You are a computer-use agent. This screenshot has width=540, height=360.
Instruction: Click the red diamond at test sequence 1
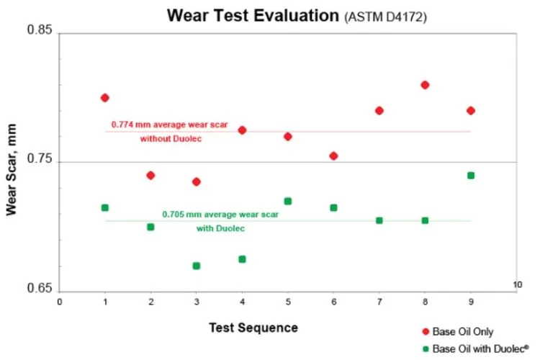(105, 98)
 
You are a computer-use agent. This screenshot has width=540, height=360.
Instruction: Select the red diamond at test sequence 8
(425, 85)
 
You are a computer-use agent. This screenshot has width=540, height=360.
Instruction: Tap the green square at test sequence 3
(197, 266)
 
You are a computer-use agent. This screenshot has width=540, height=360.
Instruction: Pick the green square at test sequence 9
(471, 175)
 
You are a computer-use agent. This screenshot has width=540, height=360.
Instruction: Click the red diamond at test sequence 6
(333, 156)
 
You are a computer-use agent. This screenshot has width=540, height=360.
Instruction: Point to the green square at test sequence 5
(288, 201)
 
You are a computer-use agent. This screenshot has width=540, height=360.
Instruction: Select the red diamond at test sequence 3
(197, 181)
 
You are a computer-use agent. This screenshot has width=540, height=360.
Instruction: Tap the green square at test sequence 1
(105, 207)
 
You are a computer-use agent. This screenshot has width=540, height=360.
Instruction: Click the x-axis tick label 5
(288, 302)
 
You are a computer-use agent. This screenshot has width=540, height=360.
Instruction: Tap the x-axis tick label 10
(517, 285)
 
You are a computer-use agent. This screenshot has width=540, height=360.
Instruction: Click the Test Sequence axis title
(253, 328)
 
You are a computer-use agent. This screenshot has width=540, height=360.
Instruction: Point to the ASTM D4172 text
(386, 16)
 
